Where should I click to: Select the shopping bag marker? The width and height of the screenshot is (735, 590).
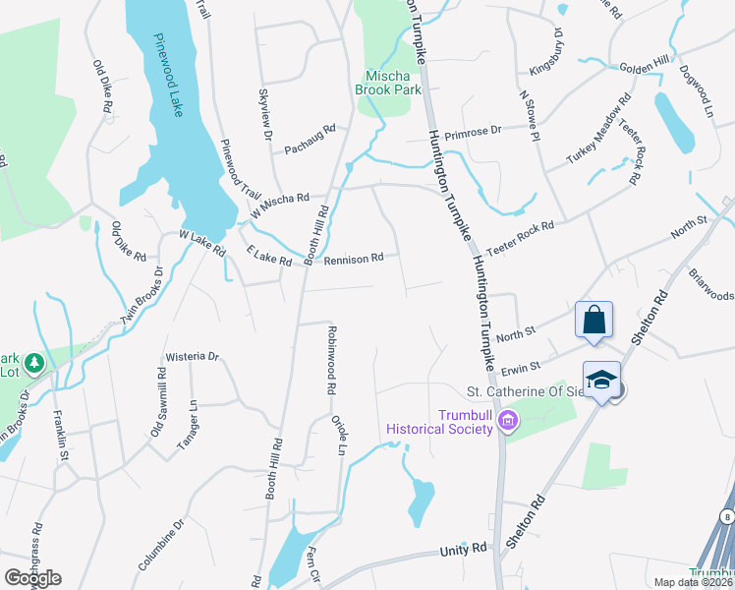pyautogui.click(x=594, y=320)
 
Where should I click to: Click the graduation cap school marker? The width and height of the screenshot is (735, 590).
pyautogui.click(x=601, y=379)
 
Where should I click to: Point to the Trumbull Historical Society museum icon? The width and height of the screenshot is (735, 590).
pyautogui.click(x=508, y=423)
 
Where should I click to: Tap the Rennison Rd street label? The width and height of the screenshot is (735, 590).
pyautogui.click(x=353, y=259)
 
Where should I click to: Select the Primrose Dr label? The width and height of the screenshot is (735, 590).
pyautogui.click(x=473, y=130)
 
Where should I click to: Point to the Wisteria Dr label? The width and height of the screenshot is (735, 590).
pyautogui.click(x=193, y=356)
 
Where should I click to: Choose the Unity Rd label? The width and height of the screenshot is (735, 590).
pyautogui.click(x=464, y=549)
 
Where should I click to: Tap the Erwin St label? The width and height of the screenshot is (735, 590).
pyautogui.click(x=522, y=367)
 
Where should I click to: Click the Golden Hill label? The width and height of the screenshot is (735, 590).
pyautogui.click(x=644, y=67)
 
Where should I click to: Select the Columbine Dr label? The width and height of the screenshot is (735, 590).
pyautogui.click(x=161, y=545)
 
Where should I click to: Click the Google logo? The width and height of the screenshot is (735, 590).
pyautogui.click(x=32, y=577)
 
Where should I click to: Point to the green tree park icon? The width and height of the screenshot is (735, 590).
pyautogui.click(x=35, y=364)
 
